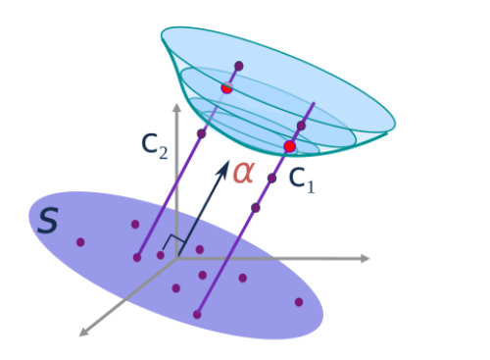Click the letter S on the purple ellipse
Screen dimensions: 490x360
click(48, 221)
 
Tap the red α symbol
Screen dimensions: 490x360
click(243, 173)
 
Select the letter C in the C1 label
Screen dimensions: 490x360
click(297, 178)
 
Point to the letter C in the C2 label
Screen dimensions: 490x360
click(149, 143)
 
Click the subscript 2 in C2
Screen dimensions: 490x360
click(164, 153)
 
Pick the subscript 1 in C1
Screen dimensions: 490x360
click(311, 187)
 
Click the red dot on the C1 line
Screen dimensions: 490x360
click(290, 146)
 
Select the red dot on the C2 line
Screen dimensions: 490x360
click(226, 87)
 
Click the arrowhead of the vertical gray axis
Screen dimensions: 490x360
click(176, 108)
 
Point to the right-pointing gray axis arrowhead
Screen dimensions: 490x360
click(365, 258)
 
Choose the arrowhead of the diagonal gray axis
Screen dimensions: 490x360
click(84, 332)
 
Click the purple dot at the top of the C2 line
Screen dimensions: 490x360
click(239, 66)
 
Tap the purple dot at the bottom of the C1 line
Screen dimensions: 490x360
click(197, 315)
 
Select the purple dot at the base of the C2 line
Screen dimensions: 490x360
click(137, 258)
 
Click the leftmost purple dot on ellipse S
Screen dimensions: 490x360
click(80, 242)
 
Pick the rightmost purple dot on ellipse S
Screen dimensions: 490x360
click(299, 302)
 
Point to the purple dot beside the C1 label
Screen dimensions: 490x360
click(271, 179)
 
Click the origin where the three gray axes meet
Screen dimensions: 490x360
click(176, 258)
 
